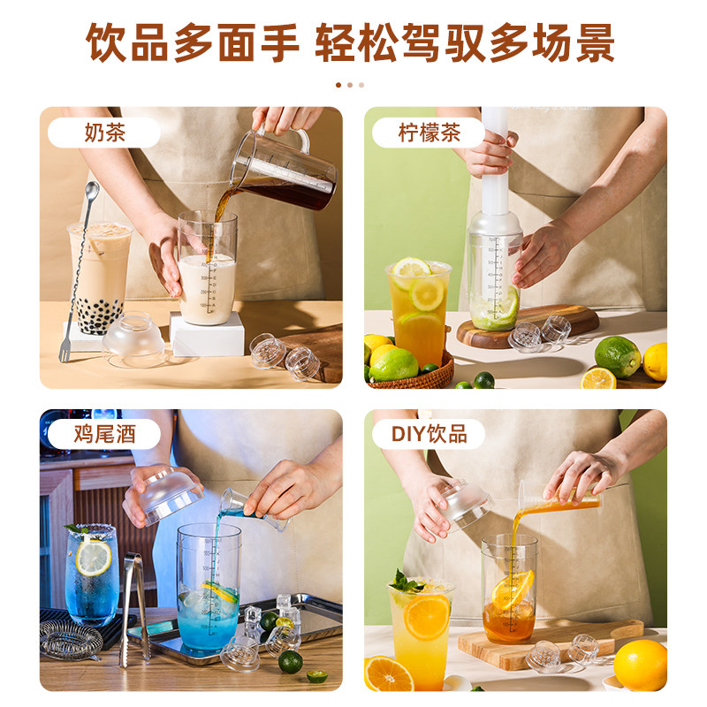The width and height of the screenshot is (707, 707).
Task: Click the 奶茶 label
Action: (x=104, y=133)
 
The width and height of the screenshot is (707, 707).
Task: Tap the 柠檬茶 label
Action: (x=429, y=133)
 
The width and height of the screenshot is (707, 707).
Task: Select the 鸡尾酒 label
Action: (x=104, y=434)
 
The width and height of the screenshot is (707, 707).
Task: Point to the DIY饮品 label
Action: (x=429, y=434)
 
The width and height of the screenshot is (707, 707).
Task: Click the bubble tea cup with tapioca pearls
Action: (x=99, y=278)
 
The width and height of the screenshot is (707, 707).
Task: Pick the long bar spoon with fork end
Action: (x=78, y=271)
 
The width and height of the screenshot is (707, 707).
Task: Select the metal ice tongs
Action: (x=134, y=609)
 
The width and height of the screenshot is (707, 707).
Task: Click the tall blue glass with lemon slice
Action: (x=92, y=575)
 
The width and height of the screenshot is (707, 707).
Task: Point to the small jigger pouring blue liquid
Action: (x=253, y=509)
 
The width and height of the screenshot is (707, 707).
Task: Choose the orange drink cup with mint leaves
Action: (x=422, y=631)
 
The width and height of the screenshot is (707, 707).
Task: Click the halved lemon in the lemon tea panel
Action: (x=598, y=378)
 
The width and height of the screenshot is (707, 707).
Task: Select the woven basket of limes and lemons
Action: (x=408, y=369)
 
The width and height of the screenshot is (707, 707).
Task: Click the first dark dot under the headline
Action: (x=338, y=85)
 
